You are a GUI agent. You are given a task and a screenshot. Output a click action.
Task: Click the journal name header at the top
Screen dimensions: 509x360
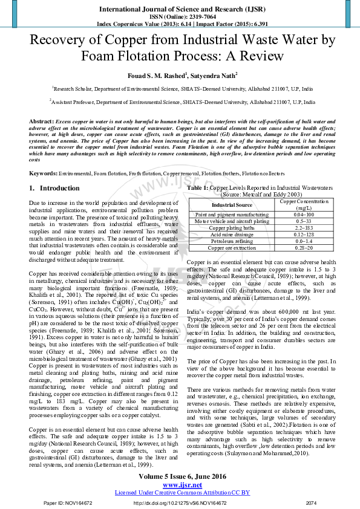179,10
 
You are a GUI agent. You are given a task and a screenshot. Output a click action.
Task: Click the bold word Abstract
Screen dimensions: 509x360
41,122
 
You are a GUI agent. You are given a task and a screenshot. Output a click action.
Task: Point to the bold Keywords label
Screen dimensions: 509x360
44,173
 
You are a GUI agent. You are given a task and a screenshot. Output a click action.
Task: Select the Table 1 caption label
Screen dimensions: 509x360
198,189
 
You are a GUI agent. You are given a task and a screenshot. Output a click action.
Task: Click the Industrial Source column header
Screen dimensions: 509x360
232,205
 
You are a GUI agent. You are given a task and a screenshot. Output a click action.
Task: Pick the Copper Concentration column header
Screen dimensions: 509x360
303,204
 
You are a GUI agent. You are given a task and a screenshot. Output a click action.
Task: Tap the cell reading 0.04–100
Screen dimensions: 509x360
303,215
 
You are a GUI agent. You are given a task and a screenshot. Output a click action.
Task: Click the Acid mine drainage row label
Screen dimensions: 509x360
232,235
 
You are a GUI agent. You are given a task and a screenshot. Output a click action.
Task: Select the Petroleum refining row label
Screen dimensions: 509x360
232,241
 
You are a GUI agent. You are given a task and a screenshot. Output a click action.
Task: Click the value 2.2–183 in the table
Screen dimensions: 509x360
303,228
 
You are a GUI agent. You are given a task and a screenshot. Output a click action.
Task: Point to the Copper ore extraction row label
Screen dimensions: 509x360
232,248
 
